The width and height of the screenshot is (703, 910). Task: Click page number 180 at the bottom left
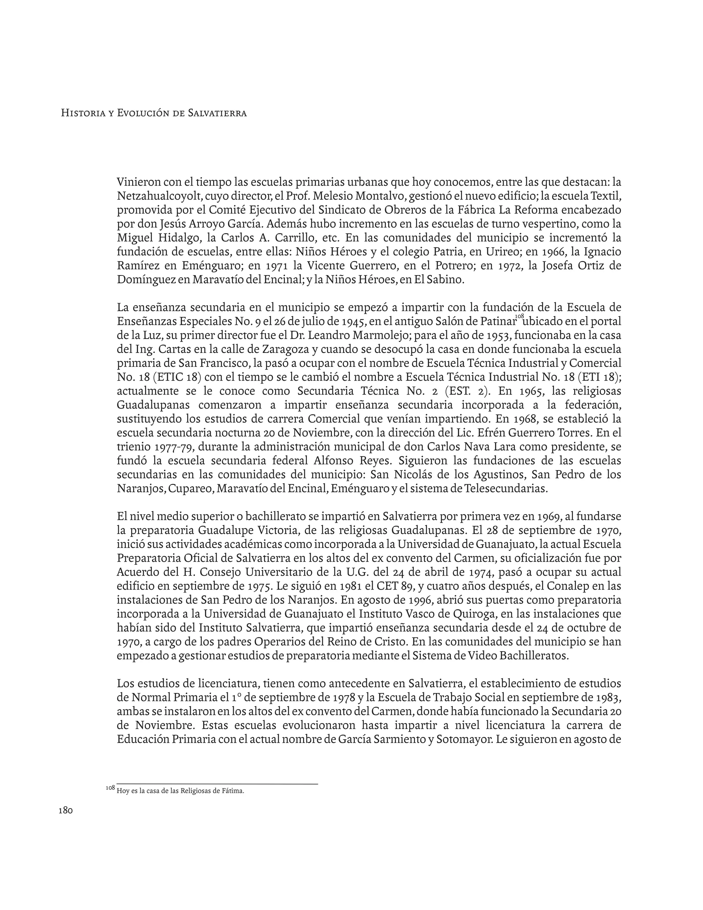[x=66, y=810]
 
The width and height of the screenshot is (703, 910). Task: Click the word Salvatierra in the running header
[x=217, y=113]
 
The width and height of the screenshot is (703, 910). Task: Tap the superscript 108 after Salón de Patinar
[x=519, y=317]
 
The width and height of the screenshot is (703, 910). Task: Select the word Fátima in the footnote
[x=234, y=791]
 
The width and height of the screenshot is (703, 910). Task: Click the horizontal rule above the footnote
[x=217, y=784]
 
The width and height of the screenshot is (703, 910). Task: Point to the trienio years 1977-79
[x=174, y=447]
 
